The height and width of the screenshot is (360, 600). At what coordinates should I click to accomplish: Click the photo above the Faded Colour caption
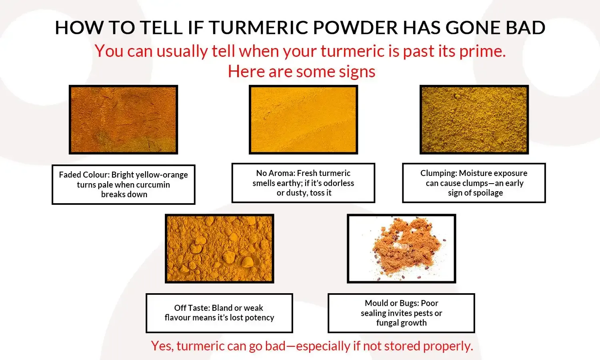[123, 120]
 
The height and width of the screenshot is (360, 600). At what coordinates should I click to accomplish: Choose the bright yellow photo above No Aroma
[303, 120]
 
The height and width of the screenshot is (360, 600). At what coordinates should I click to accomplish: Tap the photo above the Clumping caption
[474, 120]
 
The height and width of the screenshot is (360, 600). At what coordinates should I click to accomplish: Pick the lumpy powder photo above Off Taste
[219, 248]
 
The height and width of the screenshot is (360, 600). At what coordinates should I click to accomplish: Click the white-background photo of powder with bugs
[401, 248]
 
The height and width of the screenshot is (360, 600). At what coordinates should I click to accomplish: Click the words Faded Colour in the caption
[83, 175]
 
